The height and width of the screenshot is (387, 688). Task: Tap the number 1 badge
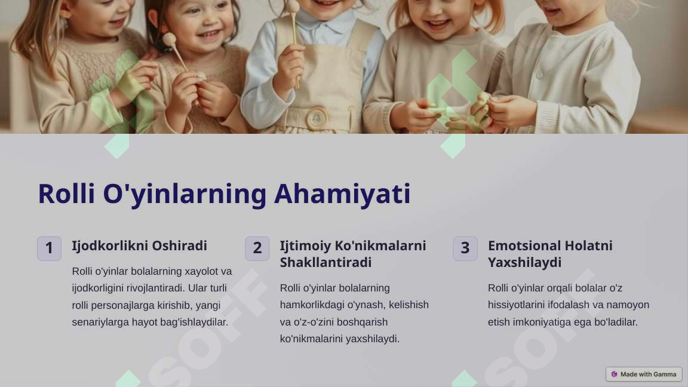tap(49, 248)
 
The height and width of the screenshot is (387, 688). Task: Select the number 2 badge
tap(257, 248)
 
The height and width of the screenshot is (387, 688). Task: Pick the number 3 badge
tap(465, 248)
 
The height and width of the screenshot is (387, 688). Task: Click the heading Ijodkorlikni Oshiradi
tap(139, 246)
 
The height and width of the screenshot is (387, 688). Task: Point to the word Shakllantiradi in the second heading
tap(325, 263)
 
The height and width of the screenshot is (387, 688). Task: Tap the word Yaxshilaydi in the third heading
tap(524, 263)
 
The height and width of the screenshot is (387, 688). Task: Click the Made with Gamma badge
tap(644, 374)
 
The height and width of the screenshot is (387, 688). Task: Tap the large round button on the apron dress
tap(316, 118)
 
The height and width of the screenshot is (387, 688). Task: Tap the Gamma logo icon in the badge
tap(614, 374)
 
